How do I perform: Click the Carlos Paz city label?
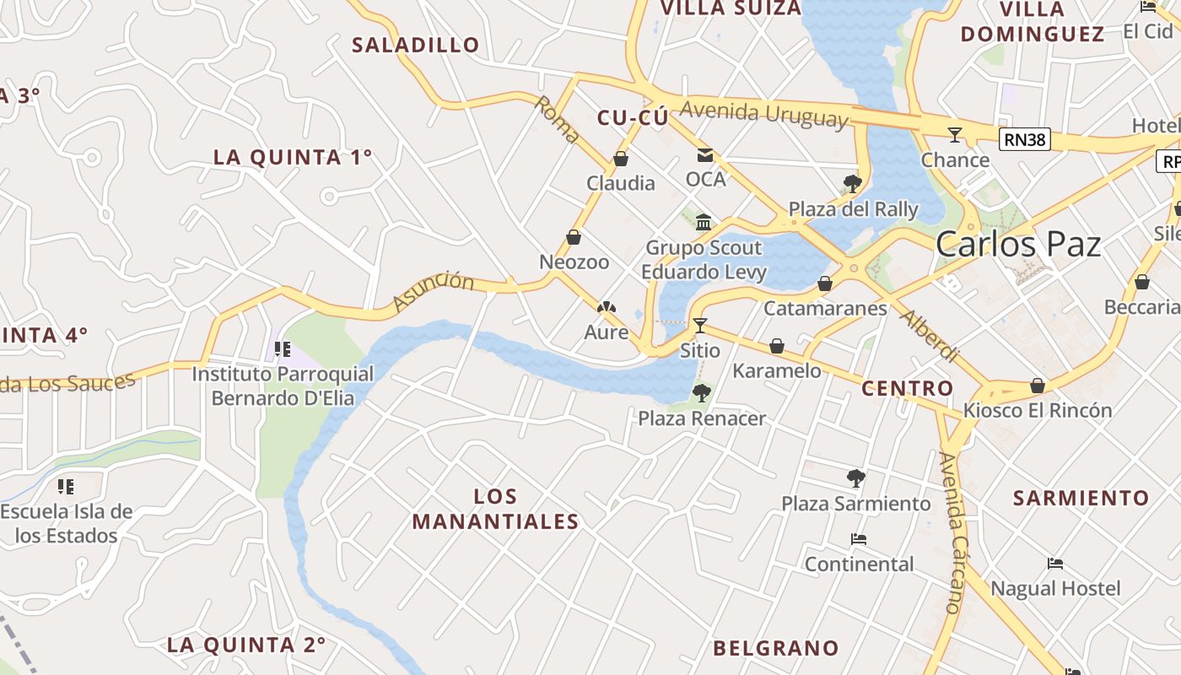[x=1018, y=244]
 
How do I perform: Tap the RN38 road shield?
[x=1025, y=139]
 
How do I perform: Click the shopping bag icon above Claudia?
[x=621, y=159]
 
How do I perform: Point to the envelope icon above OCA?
[x=704, y=155]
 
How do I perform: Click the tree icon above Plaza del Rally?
[x=852, y=184]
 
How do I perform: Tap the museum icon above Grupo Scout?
[x=704, y=223]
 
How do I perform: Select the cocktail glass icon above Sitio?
[x=699, y=325]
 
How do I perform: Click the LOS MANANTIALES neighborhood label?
[x=495, y=509]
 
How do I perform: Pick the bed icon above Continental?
[x=859, y=539]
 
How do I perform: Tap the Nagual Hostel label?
[x=1055, y=588]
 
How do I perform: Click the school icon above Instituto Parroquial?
[x=282, y=348]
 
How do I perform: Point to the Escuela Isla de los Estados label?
[x=67, y=523]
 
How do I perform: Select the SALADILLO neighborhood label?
[x=415, y=45]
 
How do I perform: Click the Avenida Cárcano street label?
[x=950, y=532]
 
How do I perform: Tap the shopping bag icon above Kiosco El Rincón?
[x=1038, y=386]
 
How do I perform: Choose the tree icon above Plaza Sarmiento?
[x=855, y=478]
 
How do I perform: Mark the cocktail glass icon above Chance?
[x=954, y=134]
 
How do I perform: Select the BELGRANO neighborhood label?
[x=776, y=648]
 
